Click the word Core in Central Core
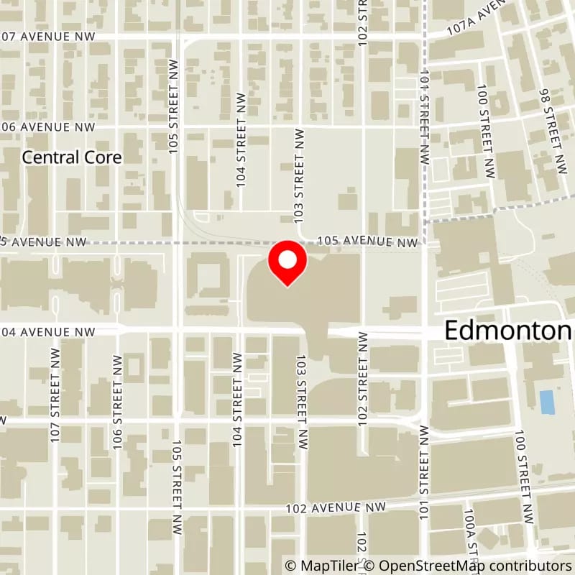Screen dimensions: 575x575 pos(101,157)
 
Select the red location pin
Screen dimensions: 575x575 pos(287,262)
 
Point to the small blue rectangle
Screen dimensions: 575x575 pos(547,402)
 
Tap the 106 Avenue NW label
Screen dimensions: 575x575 pos(47,126)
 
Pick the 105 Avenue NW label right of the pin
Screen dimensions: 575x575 pos(367,242)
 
